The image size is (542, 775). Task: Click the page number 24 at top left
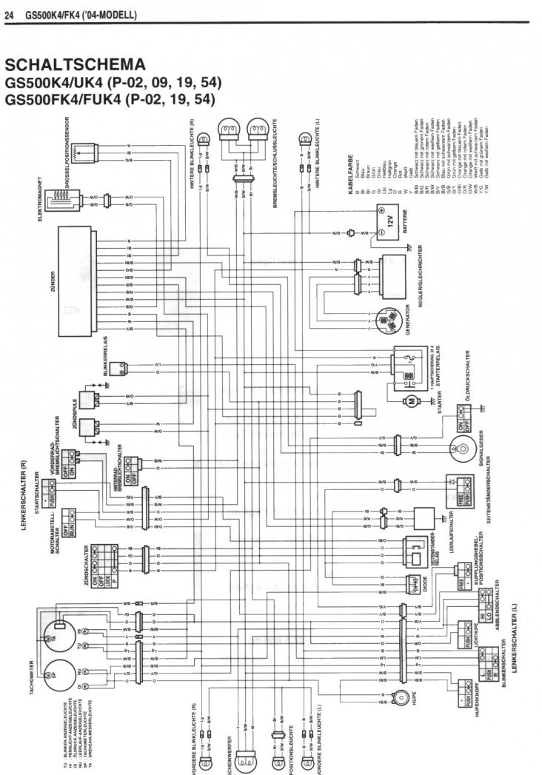click(x=10, y=14)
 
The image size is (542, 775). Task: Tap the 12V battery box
click(x=389, y=220)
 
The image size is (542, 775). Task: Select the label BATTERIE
click(x=405, y=222)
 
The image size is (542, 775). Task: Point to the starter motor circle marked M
click(x=409, y=400)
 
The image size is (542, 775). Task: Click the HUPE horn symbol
click(x=400, y=696)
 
